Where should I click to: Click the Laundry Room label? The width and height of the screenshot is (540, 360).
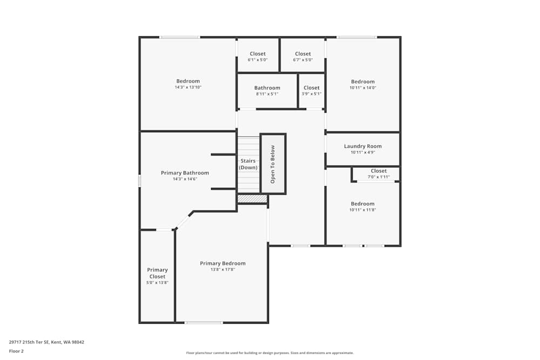[363, 146]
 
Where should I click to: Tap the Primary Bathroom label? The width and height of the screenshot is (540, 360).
[185, 173]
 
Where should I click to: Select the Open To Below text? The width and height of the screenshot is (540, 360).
[273, 164]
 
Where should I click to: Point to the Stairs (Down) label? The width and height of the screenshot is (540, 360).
[248, 164]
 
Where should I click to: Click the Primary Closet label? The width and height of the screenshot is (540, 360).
[158, 273]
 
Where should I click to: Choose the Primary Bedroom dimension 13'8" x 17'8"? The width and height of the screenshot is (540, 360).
[222, 269]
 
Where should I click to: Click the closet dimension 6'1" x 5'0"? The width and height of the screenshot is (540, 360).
[258, 60]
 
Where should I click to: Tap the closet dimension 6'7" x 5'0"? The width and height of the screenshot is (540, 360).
[303, 60]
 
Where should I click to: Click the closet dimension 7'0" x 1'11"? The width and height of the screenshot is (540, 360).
[379, 176]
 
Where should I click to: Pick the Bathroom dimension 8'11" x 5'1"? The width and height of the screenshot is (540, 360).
[267, 94]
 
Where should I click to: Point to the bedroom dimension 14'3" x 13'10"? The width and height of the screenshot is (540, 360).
[188, 87]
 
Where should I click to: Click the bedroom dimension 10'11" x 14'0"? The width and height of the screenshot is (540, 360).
[362, 87]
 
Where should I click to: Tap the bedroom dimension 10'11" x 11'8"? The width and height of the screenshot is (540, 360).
[362, 210]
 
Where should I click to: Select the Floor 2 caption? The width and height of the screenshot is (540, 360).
[16, 351]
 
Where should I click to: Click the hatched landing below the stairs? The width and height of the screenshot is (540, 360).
[252, 199]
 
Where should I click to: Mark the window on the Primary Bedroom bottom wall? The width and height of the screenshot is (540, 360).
[204, 323]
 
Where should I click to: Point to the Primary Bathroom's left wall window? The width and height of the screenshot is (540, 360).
[140, 181]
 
